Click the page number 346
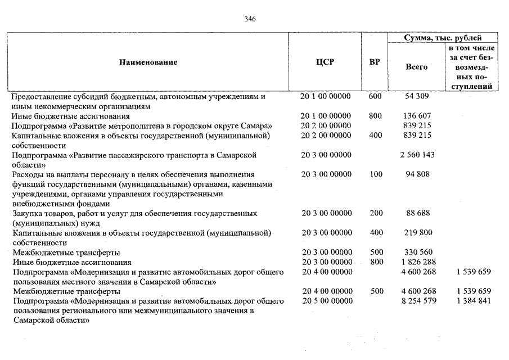point(250,19)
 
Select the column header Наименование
point(148,62)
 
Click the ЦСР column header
point(325,62)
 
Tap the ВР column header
point(375,62)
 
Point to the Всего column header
point(417,67)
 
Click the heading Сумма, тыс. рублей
point(443,38)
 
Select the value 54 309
point(417,97)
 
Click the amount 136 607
point(417,116)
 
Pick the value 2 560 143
point(417,155)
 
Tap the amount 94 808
point(417,174)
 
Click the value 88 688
point(417,213)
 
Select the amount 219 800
point(417,233)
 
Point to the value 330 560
point(417,253)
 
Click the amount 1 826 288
point(417,262)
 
